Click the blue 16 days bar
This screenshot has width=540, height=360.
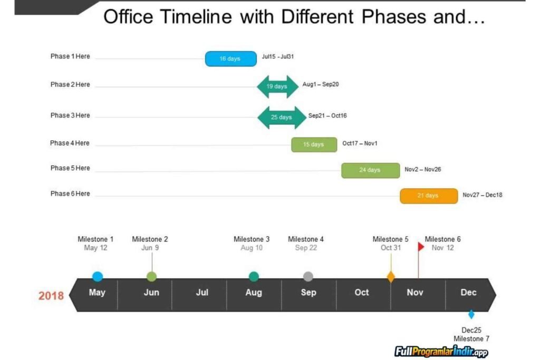[230, 59]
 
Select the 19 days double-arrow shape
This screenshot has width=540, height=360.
[277, 86]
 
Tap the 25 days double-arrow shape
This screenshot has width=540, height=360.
[282, 117]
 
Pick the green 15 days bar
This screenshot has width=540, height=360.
[314, 144]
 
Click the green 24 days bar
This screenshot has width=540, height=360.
[370, 170]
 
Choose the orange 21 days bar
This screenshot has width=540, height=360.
[428, 196]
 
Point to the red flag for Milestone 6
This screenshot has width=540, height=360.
[421, 247]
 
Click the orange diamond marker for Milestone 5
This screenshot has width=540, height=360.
[391, 277]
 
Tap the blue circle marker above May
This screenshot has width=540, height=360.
[98, 277]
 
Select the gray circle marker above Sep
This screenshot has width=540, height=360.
[308, 277]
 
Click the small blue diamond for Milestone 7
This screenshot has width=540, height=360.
[471, 315]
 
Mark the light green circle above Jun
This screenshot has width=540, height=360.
[151, 277]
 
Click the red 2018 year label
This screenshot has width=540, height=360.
[51, 295]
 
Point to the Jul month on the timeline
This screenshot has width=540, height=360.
[202, 293]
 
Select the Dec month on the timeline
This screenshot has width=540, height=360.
[468, 293]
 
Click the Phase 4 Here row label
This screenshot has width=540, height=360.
[70, 143]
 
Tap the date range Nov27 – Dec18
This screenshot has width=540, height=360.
[483, 195]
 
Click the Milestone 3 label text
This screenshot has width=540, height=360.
[252, 239]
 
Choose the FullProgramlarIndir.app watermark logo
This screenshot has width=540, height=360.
[441, 351]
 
